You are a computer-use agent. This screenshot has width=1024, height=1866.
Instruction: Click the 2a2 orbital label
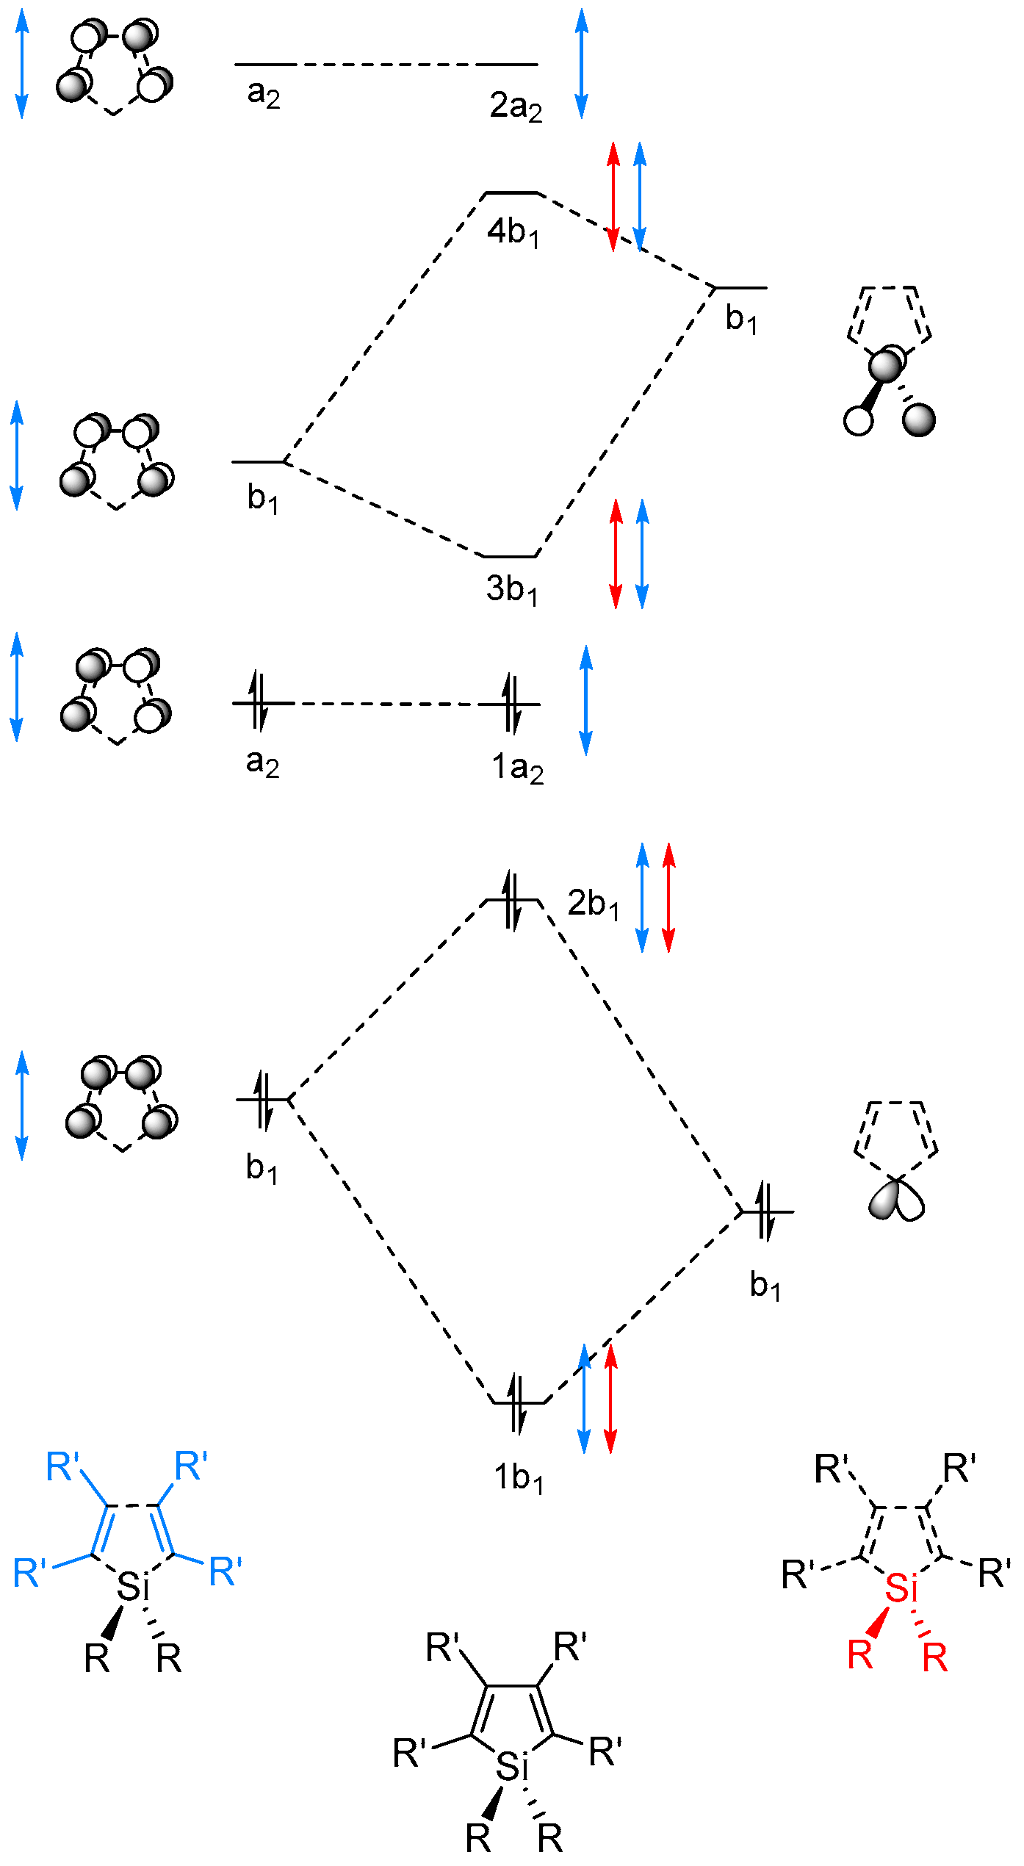point(516,107)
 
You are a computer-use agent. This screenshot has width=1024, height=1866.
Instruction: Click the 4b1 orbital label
point(513,233)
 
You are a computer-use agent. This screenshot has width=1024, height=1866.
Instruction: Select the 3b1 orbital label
point(511,590)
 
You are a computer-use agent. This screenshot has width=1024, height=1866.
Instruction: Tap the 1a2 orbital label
point(517,768)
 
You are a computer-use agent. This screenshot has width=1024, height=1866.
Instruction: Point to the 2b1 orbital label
point(593,904)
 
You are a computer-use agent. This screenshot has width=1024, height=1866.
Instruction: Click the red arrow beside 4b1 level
point(613,197)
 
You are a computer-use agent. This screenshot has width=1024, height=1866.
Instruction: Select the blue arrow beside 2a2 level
point(582,64)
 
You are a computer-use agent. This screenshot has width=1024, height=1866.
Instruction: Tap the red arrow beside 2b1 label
point(668,898)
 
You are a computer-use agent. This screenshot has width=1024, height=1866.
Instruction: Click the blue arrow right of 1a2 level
point(585,700)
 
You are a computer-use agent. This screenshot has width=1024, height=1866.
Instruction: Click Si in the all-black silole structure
point(512,1767)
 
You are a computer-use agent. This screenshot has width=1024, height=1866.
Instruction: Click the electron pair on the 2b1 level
point(513,900)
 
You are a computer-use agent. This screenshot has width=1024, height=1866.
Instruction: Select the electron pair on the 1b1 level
point(518,1403)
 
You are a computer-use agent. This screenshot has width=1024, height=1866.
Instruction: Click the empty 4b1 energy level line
point(513,193)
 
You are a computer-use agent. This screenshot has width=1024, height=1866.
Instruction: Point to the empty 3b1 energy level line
point(511,556)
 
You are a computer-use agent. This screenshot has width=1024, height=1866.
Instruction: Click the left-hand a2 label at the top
point(263,94)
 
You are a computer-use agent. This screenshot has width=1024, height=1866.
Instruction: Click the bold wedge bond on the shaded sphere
point(872,395)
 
